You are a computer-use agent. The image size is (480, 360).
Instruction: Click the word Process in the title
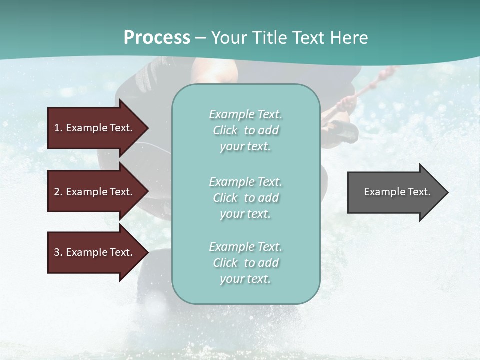pyautogui.click(x=157, y=38)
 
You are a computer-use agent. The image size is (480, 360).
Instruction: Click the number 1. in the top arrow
pyautogui.click(x=58, y=128)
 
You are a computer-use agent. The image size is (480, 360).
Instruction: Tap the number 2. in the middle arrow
pyautogui.click(x=58, y=192)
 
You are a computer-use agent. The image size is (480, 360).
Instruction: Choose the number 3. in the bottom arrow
pyautogui.click(x=58, y=252)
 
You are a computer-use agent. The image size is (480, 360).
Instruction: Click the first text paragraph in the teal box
pyautogui.click(x=245, y=130)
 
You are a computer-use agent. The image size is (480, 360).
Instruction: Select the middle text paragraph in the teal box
pyautogui.click(x=245, y=198)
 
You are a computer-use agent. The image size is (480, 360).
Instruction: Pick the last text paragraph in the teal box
pyautogui.click(x=245, y=263)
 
